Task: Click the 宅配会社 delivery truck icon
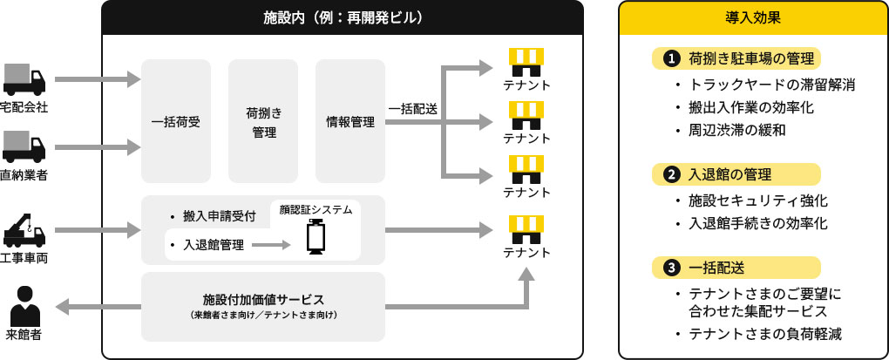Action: coord(24,79)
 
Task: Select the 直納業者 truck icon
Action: coord(24,146)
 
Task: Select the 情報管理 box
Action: coord(349,122)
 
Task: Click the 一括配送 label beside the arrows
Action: coord(413,109)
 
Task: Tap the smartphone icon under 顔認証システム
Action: coord(315,239)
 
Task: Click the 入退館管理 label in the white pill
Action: coord(213,245)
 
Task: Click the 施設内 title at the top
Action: coord(342,17)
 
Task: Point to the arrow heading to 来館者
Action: coord(96,306)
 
